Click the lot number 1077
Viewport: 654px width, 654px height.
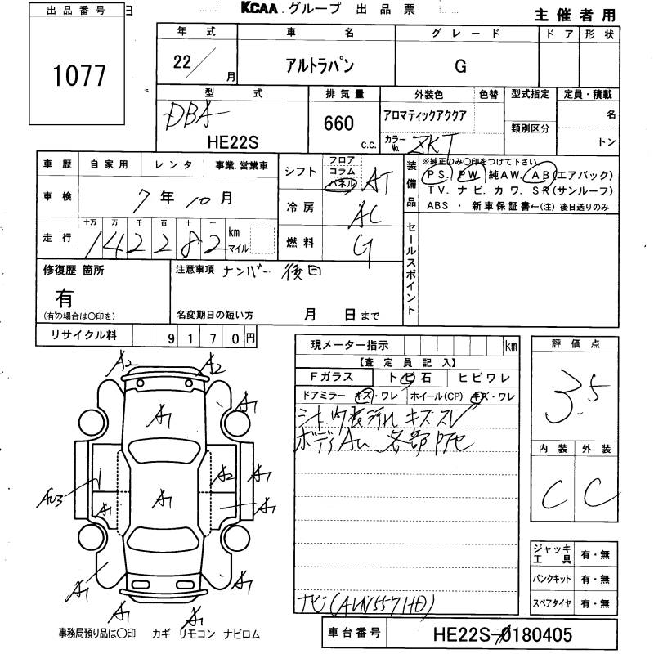pos(79,75)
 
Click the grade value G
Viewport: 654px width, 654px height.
pos(460,67)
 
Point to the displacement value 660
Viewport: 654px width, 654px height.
pos(338,123)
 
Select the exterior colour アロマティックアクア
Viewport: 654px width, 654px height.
pos(425,116)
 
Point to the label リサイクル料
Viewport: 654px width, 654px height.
pos(84,335)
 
